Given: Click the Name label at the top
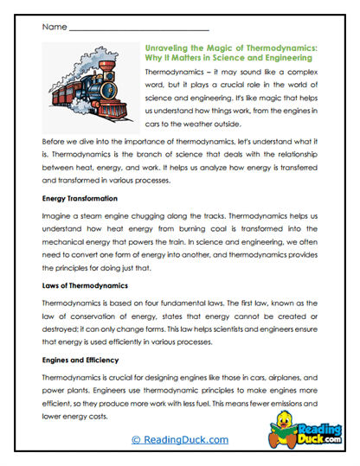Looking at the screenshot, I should pos(51,29).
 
